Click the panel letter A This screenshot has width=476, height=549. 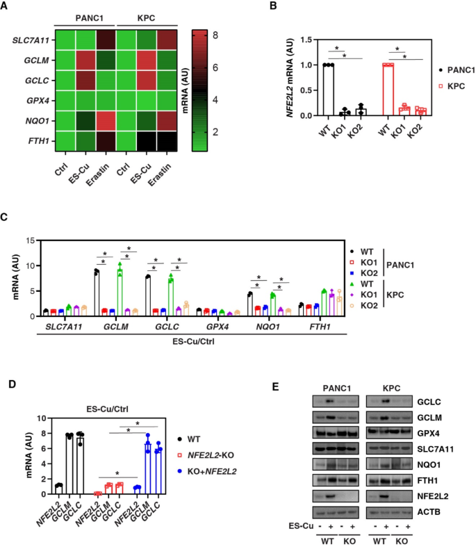[x=6, y=8]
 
